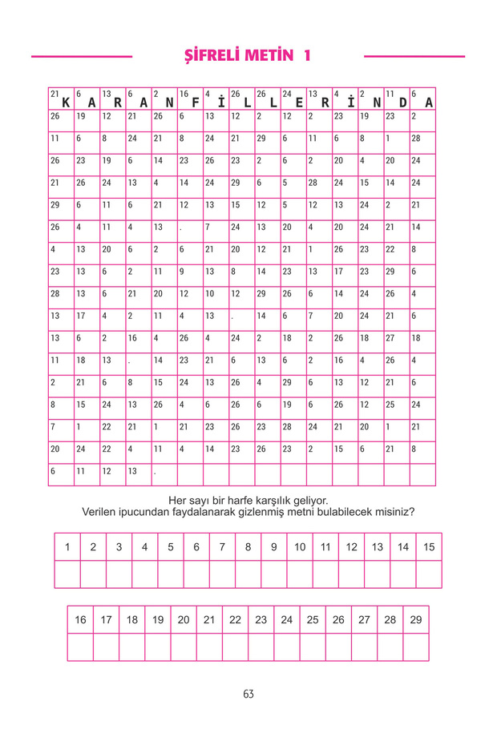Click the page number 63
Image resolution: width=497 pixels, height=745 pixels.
[248, 694]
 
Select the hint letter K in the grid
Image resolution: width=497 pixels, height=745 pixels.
[66, 102]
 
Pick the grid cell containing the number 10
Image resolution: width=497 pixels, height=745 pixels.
[216, 294]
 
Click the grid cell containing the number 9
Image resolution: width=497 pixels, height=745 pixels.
[191, 272]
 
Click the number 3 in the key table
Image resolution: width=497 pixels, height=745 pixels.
[119, 547]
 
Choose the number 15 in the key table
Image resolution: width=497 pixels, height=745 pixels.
[429, 547]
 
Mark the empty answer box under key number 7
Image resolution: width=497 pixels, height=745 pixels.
[222, 574]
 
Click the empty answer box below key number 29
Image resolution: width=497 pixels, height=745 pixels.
[416, 647]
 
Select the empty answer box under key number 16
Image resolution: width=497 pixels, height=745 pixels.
[80, 647]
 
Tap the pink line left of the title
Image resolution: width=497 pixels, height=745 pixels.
[82, 57]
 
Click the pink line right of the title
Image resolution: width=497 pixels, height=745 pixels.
[414, 57]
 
